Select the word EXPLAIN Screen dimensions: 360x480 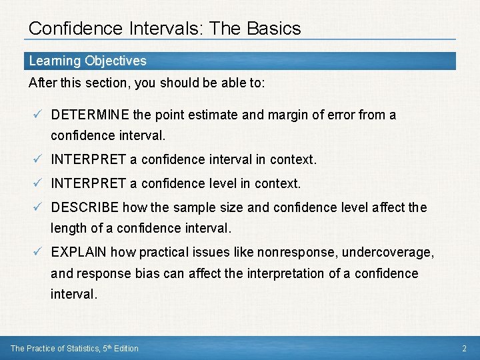tap(79, 252)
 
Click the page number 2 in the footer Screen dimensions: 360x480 tap(464, 348)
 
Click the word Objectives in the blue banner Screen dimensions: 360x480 tap(115, 61)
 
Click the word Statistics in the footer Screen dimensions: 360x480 tap(83, 348)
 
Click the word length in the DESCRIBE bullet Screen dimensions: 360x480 tap(68, 228)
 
